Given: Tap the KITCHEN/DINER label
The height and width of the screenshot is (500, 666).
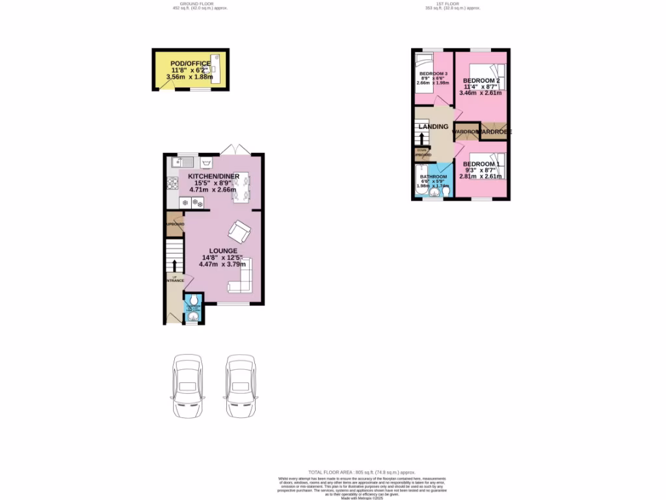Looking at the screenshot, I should point(213,176).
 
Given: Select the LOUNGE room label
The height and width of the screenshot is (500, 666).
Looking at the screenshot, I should point(222,251).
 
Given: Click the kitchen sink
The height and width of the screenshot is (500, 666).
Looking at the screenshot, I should point(180,162).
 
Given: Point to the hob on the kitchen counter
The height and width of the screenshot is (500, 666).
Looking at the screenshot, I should point(174,184).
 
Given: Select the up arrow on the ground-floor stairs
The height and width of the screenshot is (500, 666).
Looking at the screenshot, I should point(174,266).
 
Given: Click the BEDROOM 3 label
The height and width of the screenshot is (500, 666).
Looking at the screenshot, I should point(434,73).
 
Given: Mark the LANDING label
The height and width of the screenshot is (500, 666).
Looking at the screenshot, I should point(433,126).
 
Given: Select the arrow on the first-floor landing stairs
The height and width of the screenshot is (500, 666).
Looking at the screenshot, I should point(423,139).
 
